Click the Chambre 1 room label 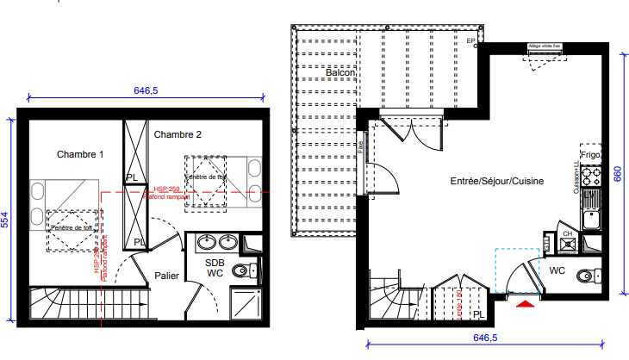pyautogui.click(x=80, y=154)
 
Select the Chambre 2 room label pyautogui.click(x=177, y=134)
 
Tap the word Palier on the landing pyautogui.click(x=167, y=276)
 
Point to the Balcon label pyautogui.click(x=341, y=73)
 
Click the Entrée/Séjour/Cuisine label pyautogui.click(x=497, y=182)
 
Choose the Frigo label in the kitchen pyautogui.click(x=590, y=155)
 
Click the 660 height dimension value pyautogui.click(x=617, y=173)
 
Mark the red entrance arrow pyautogui.click(x=525, y=302)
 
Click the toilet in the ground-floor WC pyautogui.click(x=588, y=276)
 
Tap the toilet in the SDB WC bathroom pyautogui.click(x=243, y=271)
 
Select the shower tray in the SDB pyautogui.click(x=246, y=301)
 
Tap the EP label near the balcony pyautogui.click(x=470, y=41)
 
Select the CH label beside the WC pyautogui.click(x=567, y=233)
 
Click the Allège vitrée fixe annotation pyautogui.click(x=545, y=47)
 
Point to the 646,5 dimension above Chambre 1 pyautogui.click(x=146, y=90)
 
